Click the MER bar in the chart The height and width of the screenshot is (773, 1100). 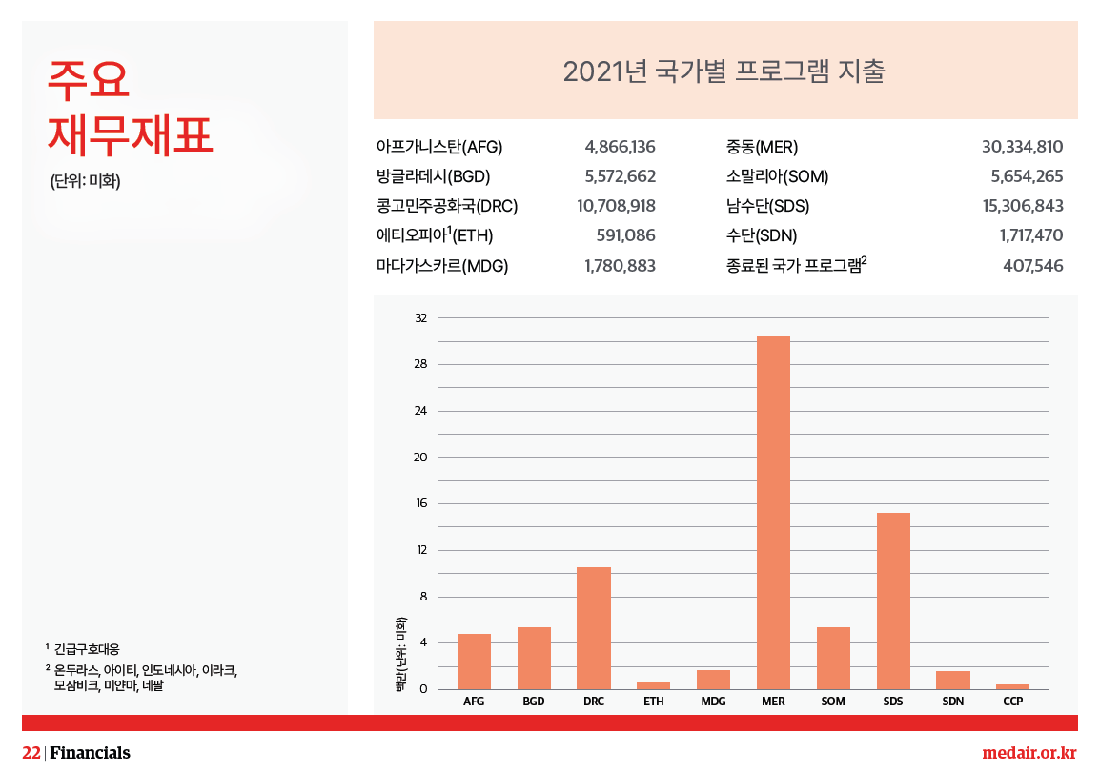coord(773,512)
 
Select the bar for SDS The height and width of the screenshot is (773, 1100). coord(893,600)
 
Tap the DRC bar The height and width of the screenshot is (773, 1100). coord(594,627)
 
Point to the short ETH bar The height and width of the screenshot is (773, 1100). coord(653,685)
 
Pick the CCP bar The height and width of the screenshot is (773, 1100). coord(1012,686)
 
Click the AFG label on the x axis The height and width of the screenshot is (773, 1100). coord(474,702)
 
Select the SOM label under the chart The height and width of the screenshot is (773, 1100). coord(833,702)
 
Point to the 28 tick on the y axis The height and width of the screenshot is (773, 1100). coord(420,364)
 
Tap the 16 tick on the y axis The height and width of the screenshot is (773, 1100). coord(420,503)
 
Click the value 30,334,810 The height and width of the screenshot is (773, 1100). coord(1022,147)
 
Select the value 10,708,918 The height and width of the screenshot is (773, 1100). coord(616,206)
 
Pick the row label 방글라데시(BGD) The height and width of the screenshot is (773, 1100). coord(435,176)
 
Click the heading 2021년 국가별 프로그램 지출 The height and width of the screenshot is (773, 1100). coord(724,71)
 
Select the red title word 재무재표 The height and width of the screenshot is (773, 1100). coord(131,133)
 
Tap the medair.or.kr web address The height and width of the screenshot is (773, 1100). coord(1029,753)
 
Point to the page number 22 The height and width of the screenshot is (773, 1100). coord(31,753)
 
